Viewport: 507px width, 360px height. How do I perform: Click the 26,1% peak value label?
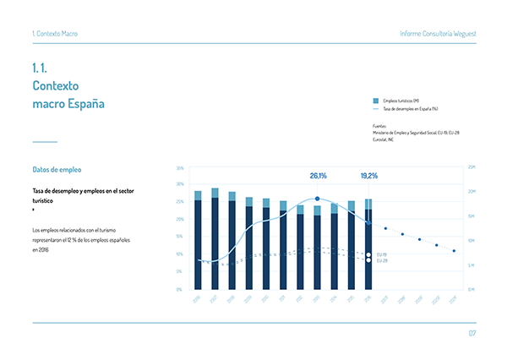(318, 176)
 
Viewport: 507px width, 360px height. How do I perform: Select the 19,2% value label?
(368, 176)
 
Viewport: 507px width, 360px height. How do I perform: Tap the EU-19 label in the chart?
(382, 254)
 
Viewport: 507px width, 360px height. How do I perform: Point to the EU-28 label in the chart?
(382, 260)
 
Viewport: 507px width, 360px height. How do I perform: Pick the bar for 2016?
(368, 245)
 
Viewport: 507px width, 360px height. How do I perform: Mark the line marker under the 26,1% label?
(317, 199)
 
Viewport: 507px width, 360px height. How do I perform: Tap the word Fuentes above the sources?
(379, 126)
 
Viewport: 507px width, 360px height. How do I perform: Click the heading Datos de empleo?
(57, 170)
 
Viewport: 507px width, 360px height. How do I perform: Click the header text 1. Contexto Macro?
(54, 33)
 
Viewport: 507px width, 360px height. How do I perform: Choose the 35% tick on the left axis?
(180, 169)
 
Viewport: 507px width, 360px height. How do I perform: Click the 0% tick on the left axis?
(181, 289)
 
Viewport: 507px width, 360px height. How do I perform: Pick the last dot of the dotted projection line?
(454, 251)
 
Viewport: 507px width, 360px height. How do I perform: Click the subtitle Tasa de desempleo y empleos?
(82, 191)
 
